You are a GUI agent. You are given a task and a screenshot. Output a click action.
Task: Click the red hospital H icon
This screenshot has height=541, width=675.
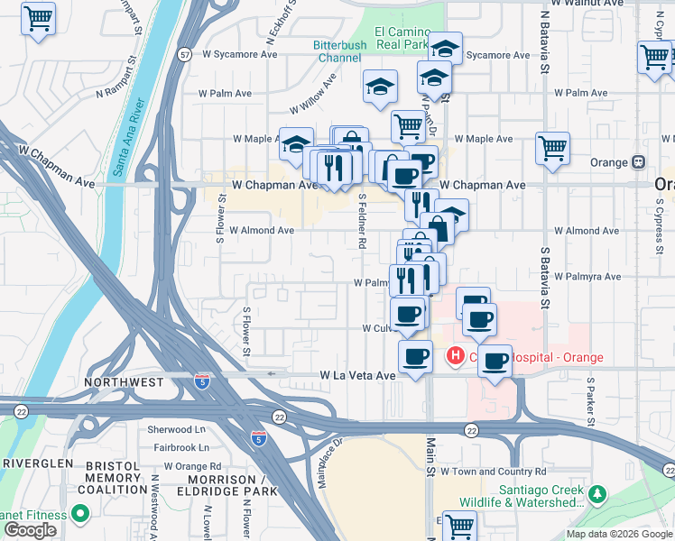[x=455, y=357]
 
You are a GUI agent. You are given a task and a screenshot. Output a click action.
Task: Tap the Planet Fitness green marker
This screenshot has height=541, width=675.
[x=80, y=515]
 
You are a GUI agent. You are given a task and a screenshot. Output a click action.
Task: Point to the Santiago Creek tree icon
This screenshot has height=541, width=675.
[x=596, y=495]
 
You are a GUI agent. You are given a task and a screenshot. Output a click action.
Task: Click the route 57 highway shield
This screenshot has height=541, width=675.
[x=184, y=55]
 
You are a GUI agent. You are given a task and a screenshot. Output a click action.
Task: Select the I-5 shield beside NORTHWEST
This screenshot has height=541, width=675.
[x=203, y=382]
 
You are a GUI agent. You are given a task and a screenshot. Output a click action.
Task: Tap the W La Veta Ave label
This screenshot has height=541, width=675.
[x=357, y=375]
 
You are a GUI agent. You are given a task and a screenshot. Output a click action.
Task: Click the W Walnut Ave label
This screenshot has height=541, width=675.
[x=594, y=4]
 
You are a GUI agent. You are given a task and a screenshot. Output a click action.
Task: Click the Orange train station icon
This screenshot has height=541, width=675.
[x=639, y=162]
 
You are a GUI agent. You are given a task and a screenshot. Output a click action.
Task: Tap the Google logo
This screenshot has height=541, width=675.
[x=30, y=530]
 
